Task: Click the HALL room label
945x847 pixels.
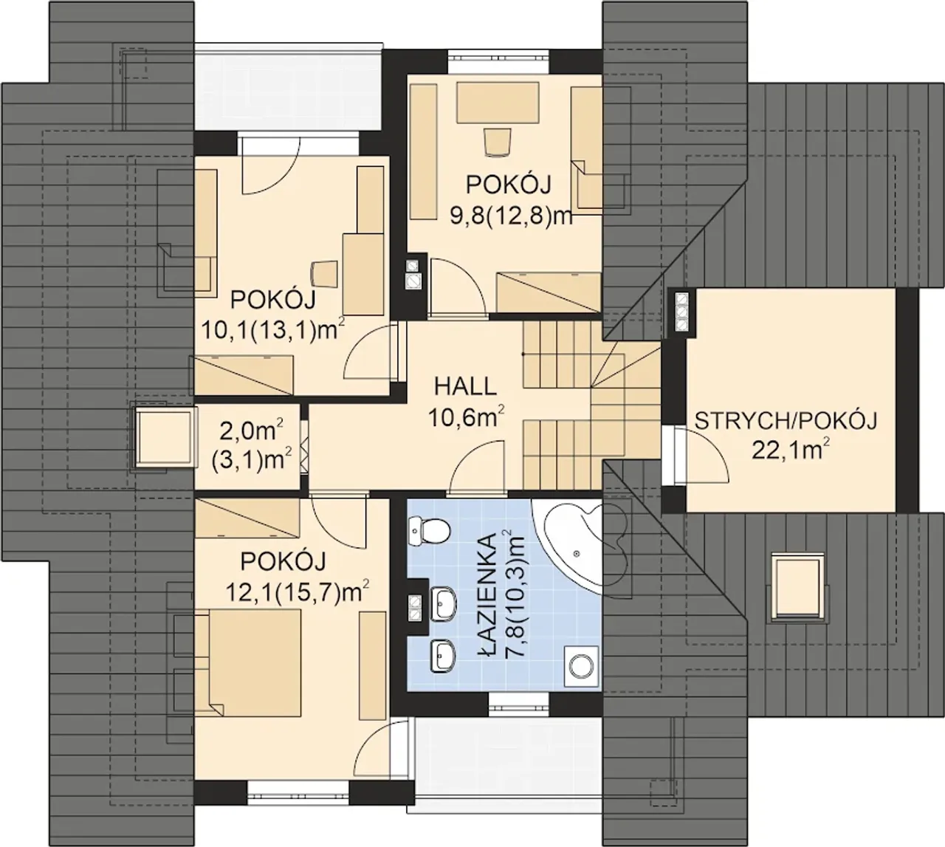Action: click(464, 387)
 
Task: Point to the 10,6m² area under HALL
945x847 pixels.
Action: click(466, 416)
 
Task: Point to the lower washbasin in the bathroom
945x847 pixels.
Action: click(443, 656)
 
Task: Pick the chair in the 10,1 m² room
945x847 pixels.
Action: click(324, 274)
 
